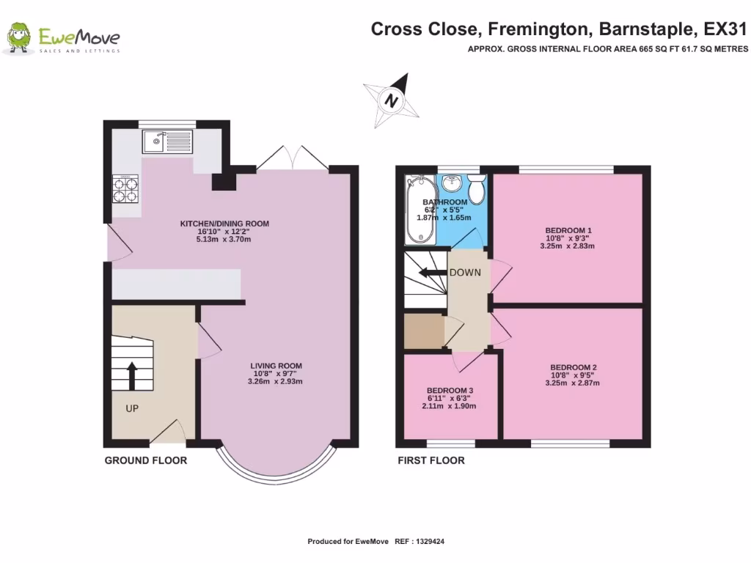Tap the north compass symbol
click(392, 100)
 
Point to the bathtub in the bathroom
click(420, 209)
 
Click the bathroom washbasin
click(453, 183)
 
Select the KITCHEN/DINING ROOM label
click(225, 224)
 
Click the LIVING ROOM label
click(276, 366)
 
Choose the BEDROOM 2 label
click(574, 367)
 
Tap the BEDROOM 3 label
click(450, 390)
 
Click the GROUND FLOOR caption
click(145, 460)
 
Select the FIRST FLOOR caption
click(431, 460)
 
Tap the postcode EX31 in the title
click(725, 30)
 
